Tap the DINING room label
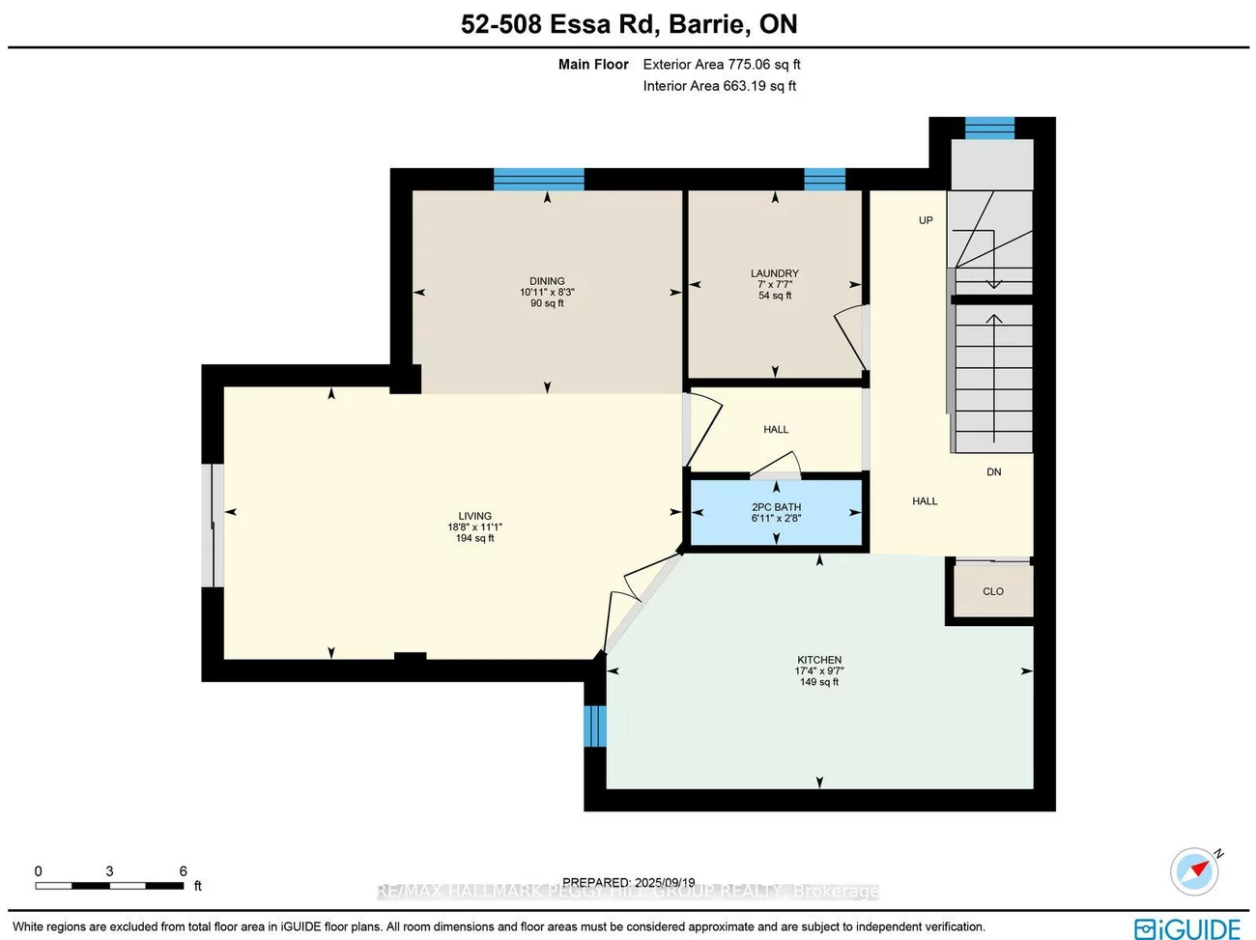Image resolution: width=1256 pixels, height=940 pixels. click(x=547, y=281)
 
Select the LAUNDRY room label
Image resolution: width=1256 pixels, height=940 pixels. click(x=775, y=273)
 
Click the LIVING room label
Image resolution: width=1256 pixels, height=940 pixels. click(x=474, y=516)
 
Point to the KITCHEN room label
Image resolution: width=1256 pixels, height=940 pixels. click(x=819, y=660)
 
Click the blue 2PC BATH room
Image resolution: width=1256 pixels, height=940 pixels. click(x=776, y=513)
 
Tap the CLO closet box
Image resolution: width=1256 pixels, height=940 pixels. click(x=992, y=590)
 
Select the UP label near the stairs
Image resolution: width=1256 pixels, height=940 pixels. click(x=926, y=220)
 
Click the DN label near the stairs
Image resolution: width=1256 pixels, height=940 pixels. click(x=993, y=471)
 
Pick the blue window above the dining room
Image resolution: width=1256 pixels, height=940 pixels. click(x=539, y=179)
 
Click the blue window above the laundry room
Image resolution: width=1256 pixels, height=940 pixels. click(x=824, y=179)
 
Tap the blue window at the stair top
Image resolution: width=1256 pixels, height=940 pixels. click(x=989, y=128)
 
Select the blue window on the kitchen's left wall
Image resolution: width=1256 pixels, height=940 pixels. click(x=594, y=726)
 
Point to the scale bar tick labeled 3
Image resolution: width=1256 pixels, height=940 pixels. click(x=109, y=871)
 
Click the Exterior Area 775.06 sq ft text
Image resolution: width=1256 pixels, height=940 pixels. click(x=722, y=65)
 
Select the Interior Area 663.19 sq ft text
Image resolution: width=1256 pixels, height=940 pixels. click(x=720, y=86)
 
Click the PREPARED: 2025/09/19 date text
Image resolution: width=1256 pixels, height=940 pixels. click(x=629, y=882)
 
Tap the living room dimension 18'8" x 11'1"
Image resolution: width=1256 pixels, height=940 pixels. click(x=474, y=527)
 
